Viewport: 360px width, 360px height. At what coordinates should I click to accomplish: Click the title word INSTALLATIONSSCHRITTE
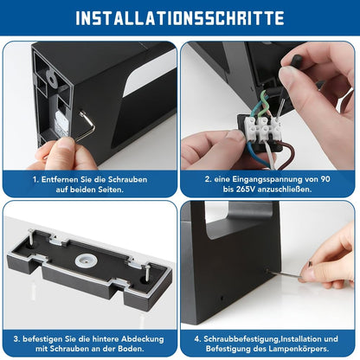180,18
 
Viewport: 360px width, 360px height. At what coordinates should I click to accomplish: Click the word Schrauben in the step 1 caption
127,179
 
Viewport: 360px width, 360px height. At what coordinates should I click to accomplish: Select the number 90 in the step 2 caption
325,179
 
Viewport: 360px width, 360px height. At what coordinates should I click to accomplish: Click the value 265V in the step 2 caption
246,190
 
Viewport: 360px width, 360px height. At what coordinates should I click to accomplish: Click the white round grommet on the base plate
84,262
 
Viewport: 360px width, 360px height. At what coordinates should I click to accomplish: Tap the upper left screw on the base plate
31,236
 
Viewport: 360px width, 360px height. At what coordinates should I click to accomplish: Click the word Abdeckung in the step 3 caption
143,339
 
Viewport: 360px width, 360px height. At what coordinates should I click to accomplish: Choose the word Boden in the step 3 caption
131,349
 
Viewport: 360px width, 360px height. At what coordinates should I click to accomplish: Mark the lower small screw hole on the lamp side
222,298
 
